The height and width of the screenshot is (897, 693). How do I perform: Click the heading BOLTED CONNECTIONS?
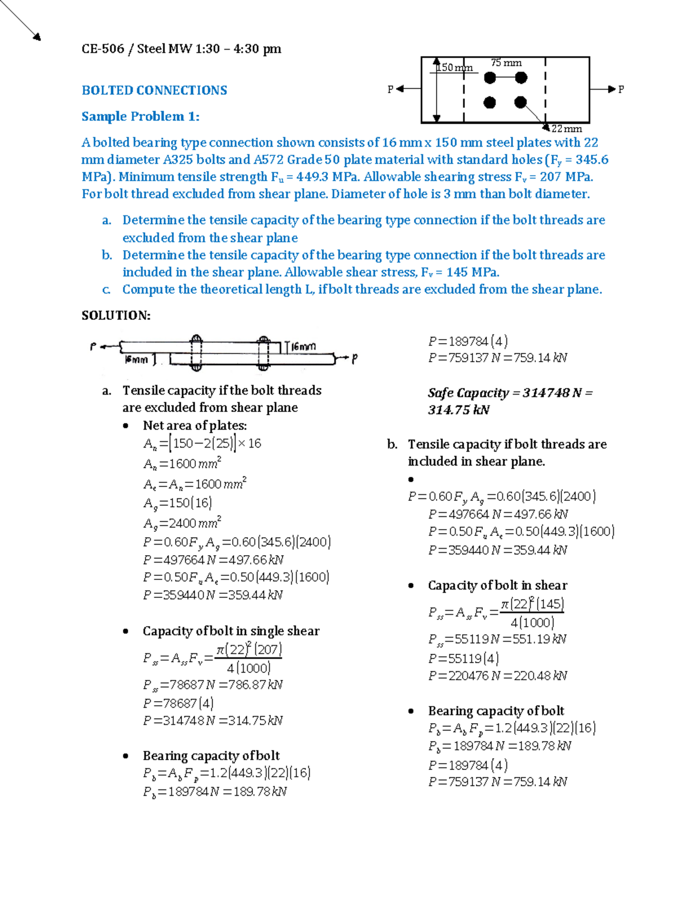(x=154, y=90)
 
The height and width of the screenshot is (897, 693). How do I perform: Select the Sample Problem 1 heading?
(x=140, y=116)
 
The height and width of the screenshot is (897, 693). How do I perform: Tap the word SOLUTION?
(x=115, y=315)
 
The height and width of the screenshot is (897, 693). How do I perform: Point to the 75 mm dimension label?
(x=506, y=62)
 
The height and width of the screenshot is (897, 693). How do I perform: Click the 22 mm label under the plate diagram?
(x=567, y=129)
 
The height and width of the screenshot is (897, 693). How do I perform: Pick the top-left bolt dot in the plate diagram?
(x=490, y=77)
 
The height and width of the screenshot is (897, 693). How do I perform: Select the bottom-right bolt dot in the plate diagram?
(x=520, y=102)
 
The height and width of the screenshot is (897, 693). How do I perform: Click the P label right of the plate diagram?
(x=621, y=90)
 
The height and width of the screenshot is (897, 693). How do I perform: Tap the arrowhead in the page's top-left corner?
(x=37, y=38)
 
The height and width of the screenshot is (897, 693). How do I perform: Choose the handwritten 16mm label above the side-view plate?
(x=303, y=347)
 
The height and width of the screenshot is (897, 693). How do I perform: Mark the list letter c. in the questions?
(x=106, y=289)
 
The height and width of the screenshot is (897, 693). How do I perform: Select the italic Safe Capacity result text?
(x=510, y=401)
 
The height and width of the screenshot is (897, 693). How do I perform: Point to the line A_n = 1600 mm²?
(x=182, y=464)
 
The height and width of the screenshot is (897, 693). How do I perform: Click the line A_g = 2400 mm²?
(x=182, y=523)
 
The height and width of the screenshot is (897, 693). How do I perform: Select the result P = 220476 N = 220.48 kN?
(x=497, y=675)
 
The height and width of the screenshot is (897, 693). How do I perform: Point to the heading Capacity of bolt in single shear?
(x=230, y=631)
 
